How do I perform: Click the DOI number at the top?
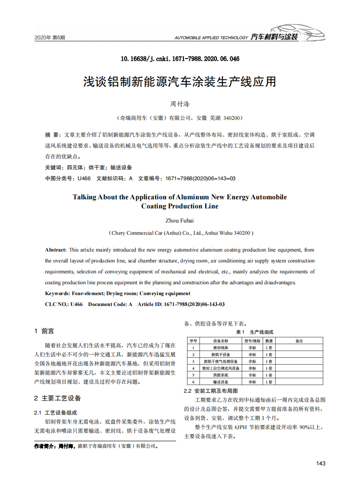[x=180, y=59]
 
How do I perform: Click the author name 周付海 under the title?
[x=180, y=104]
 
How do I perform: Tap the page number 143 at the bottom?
[x=321, y=463]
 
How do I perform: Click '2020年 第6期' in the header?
[x=50, y=37]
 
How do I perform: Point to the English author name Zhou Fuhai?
[x=180, y=221]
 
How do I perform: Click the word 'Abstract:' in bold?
[x=56, y=250]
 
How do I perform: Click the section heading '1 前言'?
[x=44, y=331]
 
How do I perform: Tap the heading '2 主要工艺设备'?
[x=58, y=398]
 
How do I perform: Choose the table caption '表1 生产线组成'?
[x=255, y=332]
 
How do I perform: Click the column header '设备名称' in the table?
[x=221, y=341]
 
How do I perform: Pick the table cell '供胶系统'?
[x=221, y=375]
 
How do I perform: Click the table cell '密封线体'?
[x=221, y=347]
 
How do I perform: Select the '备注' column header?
[x=299, y=341]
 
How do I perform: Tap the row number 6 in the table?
[x=193, y=382]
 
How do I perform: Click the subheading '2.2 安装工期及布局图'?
[x=211, y=390]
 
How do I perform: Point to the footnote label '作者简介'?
[x=45, y=446]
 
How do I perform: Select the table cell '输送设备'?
[x=221, y=382]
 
